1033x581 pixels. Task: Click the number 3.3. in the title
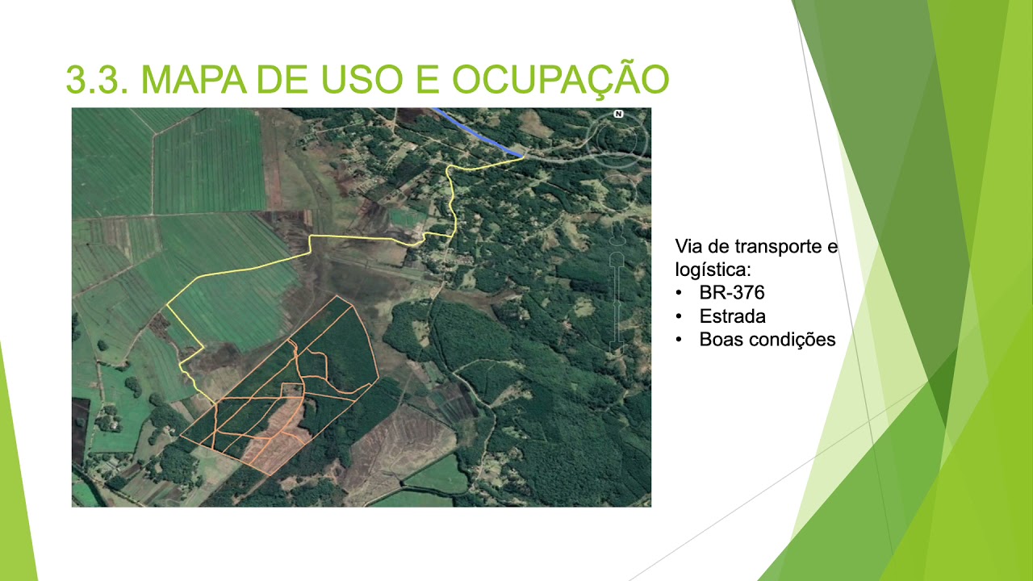96,79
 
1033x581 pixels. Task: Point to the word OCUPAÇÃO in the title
561,79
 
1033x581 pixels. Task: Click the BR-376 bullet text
732,292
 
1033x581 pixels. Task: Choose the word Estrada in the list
733,316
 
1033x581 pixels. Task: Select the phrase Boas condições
767,340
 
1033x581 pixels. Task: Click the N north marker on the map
618,114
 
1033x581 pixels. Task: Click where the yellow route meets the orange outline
215,403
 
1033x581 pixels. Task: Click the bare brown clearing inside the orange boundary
278,436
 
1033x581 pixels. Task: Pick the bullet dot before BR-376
680,293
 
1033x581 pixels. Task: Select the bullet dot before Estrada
680,316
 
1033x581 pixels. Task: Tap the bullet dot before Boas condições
680,340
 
